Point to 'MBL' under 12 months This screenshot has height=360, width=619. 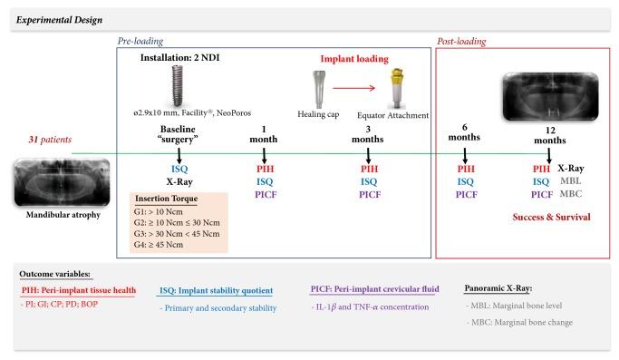tap(571, 181)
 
